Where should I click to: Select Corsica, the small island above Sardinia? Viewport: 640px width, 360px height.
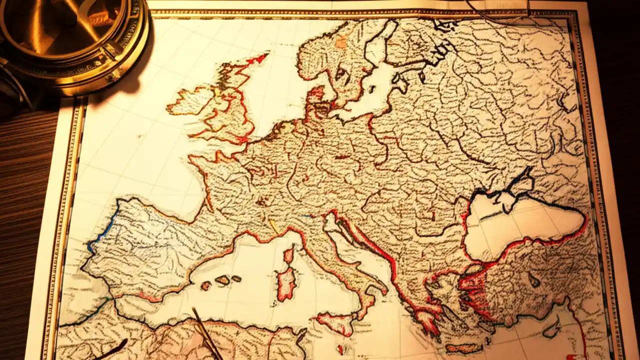pyautogui.click(x=289, y=255)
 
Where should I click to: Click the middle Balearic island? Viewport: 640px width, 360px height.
pyautogui.click(x=222, y=280)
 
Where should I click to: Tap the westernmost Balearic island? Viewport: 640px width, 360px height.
pyautogui.click(x=206, y=285)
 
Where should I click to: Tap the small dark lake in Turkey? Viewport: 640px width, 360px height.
pyautogui.click(x=534, y=279)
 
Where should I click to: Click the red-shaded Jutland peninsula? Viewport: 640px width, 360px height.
pyautogui.click(x=316, y=97)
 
